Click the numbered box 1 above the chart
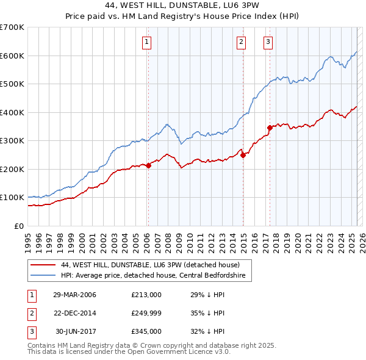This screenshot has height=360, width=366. tap(148, 42)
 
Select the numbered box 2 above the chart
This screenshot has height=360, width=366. tap(242, 42)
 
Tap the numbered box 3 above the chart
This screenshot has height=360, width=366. tap(268, 42)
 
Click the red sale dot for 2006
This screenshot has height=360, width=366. tap(148, 165)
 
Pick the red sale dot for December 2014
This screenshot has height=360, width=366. tap(242, 155)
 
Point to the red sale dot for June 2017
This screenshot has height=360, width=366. tap(269, 128)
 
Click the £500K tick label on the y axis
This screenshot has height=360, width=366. tap(12, 84)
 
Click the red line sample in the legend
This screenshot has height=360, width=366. tap(43, 265)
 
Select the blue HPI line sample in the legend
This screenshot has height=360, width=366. tap(43, 275)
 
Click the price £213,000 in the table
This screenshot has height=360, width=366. tap(146, 295)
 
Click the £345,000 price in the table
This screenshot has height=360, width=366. tap(146, 333)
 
